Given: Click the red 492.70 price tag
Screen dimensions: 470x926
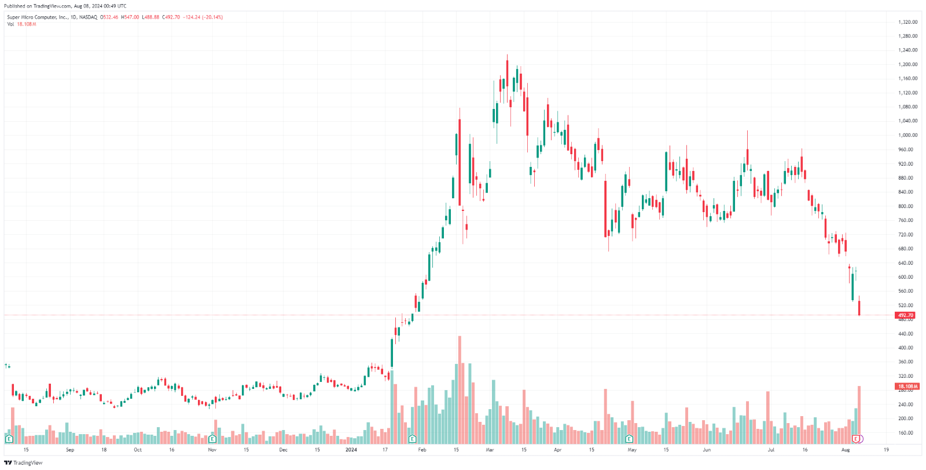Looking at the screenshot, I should (906, 315).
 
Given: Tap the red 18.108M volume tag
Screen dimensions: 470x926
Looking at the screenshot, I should (907, 386).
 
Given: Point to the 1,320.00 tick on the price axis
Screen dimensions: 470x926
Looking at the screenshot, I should (907, 22).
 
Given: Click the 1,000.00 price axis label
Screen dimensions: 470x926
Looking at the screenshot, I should (907, 135).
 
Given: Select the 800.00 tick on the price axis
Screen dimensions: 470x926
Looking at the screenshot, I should (906, 206).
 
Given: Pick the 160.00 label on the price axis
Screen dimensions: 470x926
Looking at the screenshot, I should (906, 433).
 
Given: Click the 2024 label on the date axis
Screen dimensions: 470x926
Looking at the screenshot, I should (351, 450).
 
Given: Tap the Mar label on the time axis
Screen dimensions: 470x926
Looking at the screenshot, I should (490, 450).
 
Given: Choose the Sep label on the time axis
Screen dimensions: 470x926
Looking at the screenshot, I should (70, 450).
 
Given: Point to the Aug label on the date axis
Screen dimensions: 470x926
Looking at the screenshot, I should (846, 450).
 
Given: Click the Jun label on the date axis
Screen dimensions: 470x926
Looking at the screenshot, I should (707, 450).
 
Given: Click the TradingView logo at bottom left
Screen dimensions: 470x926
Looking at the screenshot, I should (23, 462).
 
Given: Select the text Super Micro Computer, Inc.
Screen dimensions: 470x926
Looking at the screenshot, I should (37, 17).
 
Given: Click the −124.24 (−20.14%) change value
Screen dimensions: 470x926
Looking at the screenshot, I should (203, 17).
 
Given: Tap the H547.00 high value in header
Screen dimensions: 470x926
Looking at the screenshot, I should (130, 17).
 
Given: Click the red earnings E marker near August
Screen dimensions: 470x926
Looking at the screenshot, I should (856, 439).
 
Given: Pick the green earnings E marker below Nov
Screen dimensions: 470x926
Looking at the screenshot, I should (212, 439).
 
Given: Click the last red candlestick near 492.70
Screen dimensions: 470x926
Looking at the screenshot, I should (859, 307).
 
